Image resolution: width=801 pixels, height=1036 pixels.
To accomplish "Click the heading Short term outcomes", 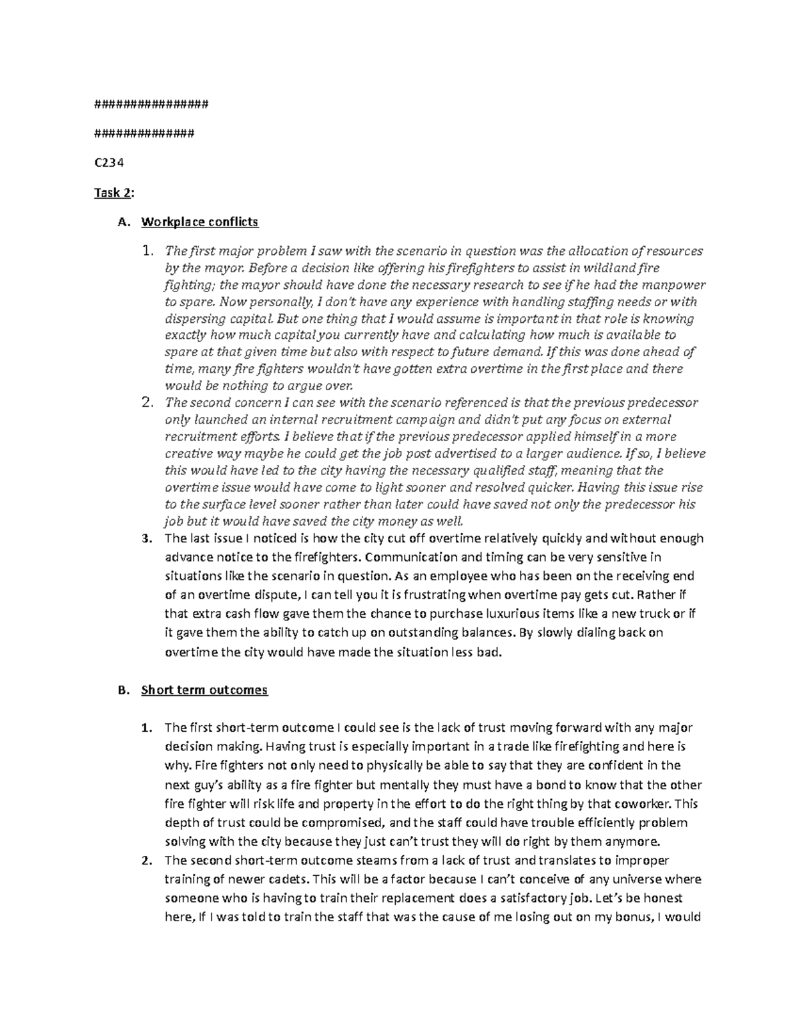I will (x=204, y=690).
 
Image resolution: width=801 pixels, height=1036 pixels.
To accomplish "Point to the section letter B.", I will (x=121, y=690).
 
